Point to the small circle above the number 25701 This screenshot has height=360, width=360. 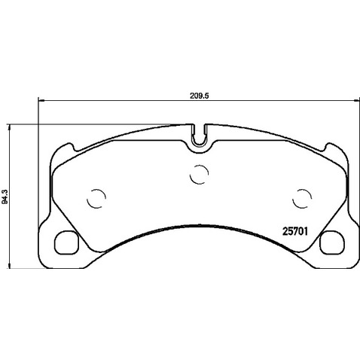(x=301, y=197)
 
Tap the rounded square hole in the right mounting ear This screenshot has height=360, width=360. (x=329, y=243)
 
